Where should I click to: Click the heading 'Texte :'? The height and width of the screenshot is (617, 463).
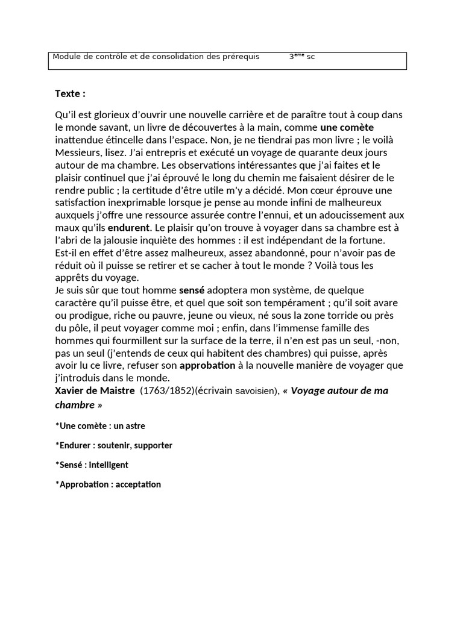[70, 93]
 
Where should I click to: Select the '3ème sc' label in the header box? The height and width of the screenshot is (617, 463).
[301, 57]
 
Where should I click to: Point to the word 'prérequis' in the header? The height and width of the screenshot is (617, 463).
[241, 57]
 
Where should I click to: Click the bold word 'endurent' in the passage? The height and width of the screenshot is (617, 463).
[128, 228]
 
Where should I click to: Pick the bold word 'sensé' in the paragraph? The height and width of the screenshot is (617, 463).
[192, 290]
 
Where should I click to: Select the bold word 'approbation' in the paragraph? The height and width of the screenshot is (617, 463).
[207, 365]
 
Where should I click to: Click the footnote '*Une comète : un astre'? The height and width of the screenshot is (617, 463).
[100, 426]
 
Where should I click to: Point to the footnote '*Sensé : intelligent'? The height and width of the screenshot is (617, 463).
[92, 465]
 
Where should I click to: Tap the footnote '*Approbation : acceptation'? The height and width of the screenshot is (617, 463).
[108, 484]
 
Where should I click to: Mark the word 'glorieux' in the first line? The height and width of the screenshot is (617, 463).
[112, 114]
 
